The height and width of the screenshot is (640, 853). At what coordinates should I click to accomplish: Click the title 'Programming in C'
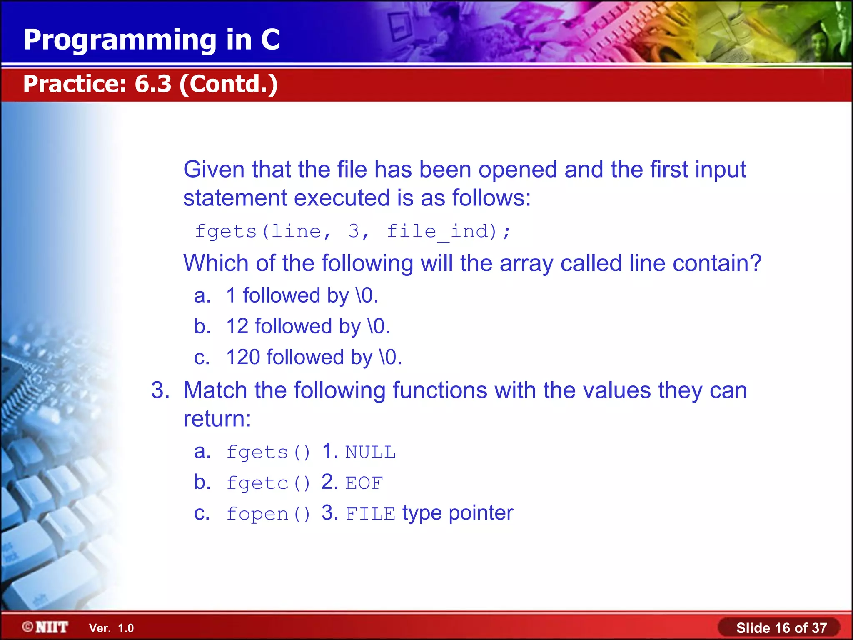pos(151,40)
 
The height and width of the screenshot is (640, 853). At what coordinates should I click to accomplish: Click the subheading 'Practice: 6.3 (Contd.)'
pos(150,84)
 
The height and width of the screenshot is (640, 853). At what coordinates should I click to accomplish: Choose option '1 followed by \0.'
pos(302,296)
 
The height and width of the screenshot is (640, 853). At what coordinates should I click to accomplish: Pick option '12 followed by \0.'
pos(308,326)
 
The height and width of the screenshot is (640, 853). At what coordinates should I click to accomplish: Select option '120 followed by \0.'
pos(314,357)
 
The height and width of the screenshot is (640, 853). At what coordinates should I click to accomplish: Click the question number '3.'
pos(160,390)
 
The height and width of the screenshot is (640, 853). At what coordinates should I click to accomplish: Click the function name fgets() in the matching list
pos(268,452)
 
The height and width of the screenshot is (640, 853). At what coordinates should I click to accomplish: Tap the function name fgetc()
pos(268,483)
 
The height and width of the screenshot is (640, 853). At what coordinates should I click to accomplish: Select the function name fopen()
pos(268,514)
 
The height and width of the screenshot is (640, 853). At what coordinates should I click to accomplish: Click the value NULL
pos(370,452)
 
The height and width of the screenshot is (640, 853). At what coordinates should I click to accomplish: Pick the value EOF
pos(364,483)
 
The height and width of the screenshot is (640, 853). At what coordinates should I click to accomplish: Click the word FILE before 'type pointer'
pos(370,514)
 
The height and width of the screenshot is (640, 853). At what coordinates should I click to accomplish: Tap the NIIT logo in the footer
pos(46,627)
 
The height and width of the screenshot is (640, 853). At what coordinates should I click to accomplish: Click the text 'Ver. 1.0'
pos(111,628)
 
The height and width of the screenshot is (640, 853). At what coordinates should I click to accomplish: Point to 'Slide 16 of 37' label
pos(781,628)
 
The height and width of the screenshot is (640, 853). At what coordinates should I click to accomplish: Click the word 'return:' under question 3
pos(217,419)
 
